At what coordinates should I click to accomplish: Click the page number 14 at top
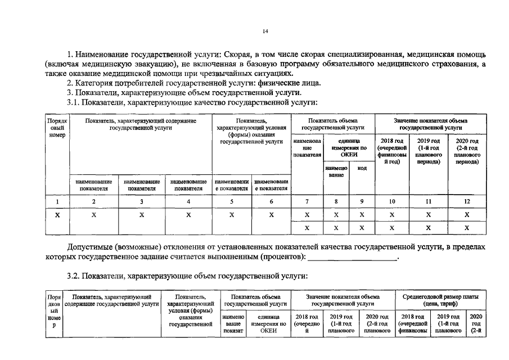(x=265, y=31)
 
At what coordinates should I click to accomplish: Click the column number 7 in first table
(x=306, y=201)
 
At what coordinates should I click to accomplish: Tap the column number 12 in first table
(x=467, y=201)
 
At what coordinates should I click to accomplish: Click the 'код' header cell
(x=362, y=168)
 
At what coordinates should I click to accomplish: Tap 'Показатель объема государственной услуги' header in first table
(x=333, y=124)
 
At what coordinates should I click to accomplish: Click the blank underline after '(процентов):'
(x=353, y=257)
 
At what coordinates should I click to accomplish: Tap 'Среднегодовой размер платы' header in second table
(x=441, y=296)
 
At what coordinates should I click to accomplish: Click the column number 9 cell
(x=362, y=201)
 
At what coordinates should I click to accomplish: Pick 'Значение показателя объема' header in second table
(x=342, y=296)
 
